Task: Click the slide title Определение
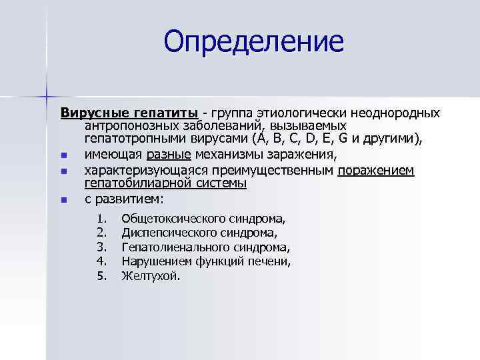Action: pos(254,41)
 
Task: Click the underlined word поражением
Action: pos(376,170)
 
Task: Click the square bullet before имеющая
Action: pos(64,156)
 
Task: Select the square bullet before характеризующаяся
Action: pos(64,171)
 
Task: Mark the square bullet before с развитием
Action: pos(64,199)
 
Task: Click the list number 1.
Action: pos(101,219)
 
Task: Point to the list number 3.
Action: pos(101,247)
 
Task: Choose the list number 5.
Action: pos(101,275)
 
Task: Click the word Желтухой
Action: pos(150,275)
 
